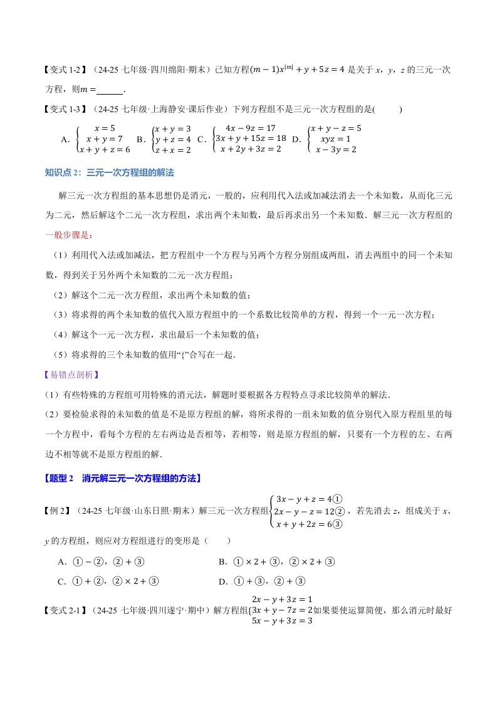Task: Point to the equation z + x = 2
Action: tap(171, 150)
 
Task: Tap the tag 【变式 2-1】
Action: tap(66, 609)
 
